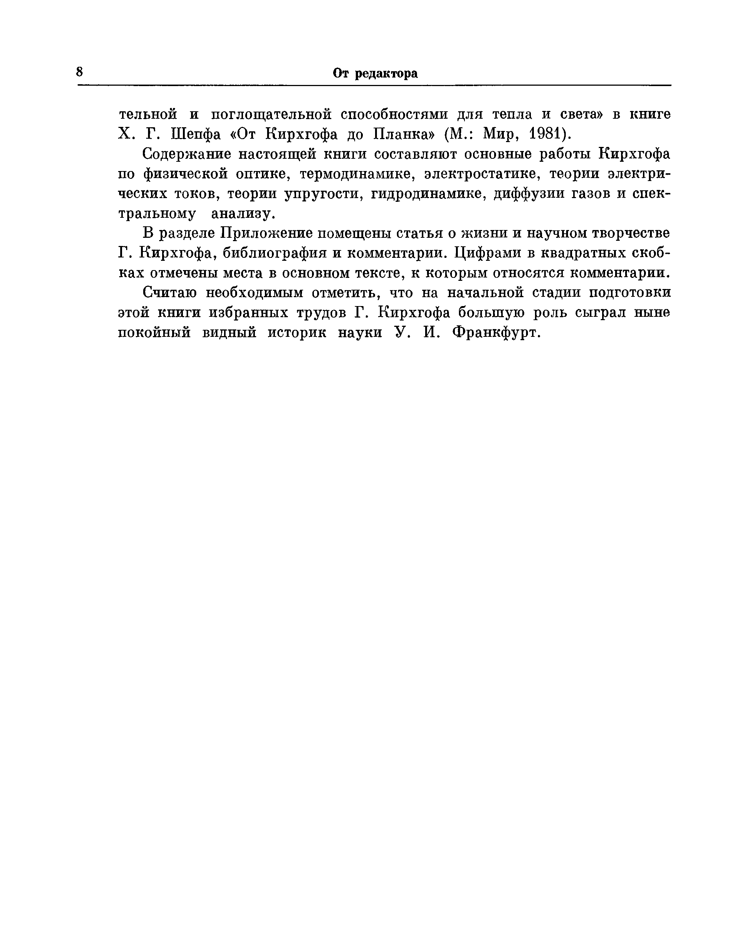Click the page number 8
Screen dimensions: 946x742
click(79, 72)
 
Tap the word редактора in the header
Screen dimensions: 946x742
click(386, 74)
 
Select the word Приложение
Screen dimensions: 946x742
click(266, 234)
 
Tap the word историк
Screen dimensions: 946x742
click(297, 333)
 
